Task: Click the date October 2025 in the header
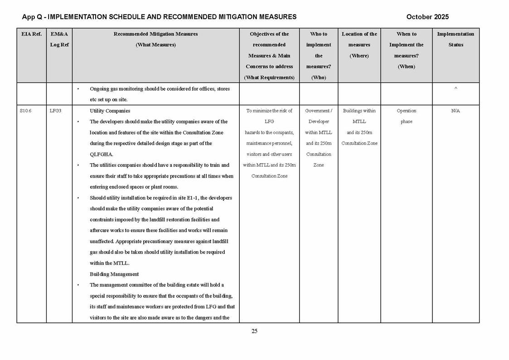pyautogui.click(x=427, y=17)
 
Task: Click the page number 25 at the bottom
pyautogui.click(x=254, y=331)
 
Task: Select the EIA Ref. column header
pyautogui.click(x=31, y=34)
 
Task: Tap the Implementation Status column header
pyautogui.click(x=456, y=39)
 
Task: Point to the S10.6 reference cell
pyautogui.click(x=26, y=111)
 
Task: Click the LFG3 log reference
pyautogui.click(x=55, y=111)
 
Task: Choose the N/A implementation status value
pyautogui.click(x=456, y=111)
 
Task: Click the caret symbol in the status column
pyautogui.click(x=456, y=89)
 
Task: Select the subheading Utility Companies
pyautogui.click(x=110, y=111)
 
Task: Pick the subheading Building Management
pyautogui.click(x=114, y=274)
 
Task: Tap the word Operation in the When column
pyautogui.click(x=406, y=111)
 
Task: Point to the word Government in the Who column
pyautogui.click(x=317, y=111)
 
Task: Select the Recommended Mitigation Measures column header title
pyautogui.click(x=155, y=34)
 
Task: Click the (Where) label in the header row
pyautogui.click(x=359, y=56)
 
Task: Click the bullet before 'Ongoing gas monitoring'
pyautogui.click(x=78, y=89)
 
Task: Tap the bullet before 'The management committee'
pyautogui.click(x=78, y=285)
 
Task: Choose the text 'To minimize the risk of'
pyautogui.click(x=269, y=111)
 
